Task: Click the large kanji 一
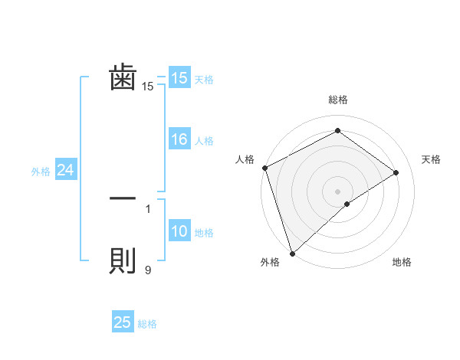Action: coord(123,198)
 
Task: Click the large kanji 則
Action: coord(123,261)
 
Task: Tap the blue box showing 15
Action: coord(179,78)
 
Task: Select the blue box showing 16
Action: coord(179,139)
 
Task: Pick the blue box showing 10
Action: coord(179,232)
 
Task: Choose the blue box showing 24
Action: coord(66,171)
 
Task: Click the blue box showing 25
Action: coord(123,322)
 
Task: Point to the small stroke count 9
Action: coord(148,270)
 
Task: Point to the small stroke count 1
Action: coord(148,208)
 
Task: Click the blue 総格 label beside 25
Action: coord(147,324)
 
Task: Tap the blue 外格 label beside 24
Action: coord(41,172)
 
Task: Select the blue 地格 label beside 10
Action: coord(204,233)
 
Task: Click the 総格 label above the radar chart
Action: coord(337,100)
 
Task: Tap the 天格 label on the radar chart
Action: coord(431,159)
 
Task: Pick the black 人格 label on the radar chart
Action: coord(245,159)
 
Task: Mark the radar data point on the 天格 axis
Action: coord(396,172)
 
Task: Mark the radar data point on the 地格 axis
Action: coord(347,204)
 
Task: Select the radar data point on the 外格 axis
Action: coord(292,253)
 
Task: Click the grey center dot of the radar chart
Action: coord(337,191)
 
